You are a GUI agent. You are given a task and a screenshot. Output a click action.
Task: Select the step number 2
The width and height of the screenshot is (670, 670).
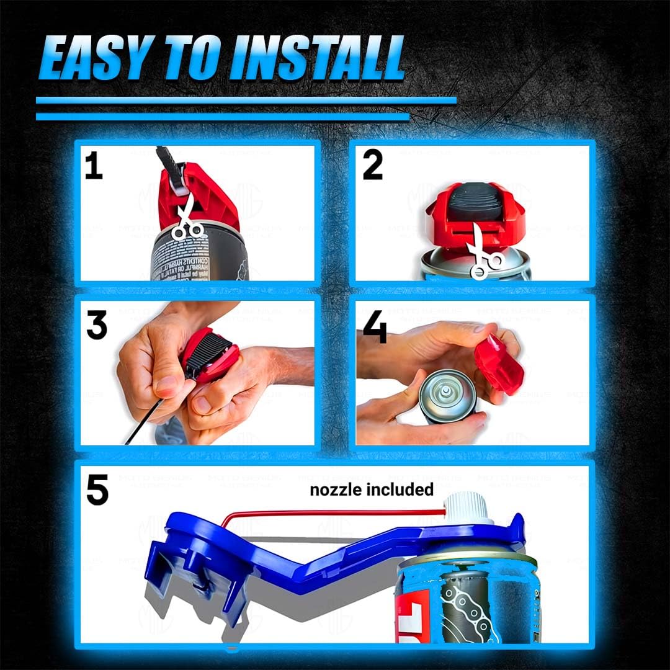coord(372,166)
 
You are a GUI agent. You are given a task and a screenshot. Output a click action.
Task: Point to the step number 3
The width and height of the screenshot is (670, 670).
coord(96,325)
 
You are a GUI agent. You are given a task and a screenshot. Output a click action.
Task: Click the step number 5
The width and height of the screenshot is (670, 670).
coord(97,490)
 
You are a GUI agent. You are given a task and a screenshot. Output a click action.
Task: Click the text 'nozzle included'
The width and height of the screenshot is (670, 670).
coord(372,489)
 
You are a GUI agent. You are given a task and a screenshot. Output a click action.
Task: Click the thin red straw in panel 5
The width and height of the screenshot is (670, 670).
coord(335,512)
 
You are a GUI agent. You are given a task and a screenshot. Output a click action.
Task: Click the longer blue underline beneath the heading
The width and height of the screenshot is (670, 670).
coord(246,100)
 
